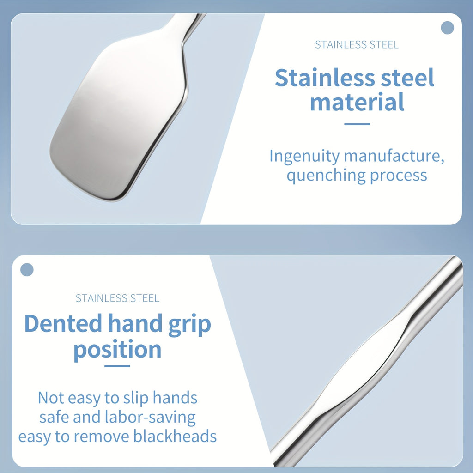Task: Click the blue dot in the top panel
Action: (x=447, y=28)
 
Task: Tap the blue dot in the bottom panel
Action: (x=27, y=270)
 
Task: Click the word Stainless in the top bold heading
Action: (x=325, y=78)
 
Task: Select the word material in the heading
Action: (x=357, y=102)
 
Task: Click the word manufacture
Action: (x=394, y=156)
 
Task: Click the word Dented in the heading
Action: (x=63, y=323)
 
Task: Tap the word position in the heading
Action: (x=118, y=350)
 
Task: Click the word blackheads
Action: (x=175, y=436)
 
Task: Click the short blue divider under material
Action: (x=357, y=124)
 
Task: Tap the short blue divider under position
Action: (x=117, y=366)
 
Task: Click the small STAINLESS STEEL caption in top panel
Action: (x=357, y=45)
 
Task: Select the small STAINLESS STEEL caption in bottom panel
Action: (x=117, y=298)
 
